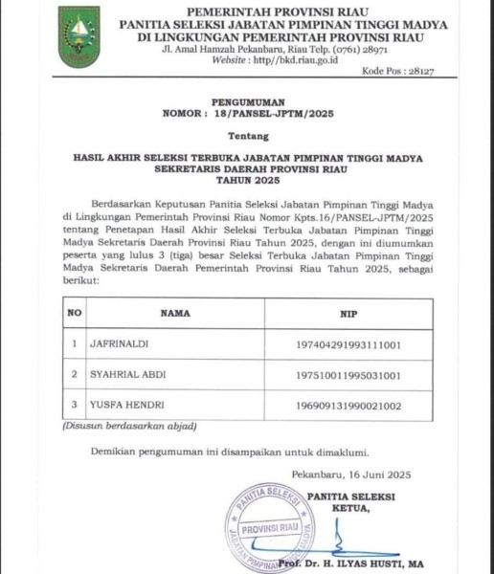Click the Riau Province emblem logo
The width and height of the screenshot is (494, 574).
[x=79, y=37]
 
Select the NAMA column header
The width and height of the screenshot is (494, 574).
[x=175, y=312]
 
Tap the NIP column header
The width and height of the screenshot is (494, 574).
[x=348, y=312]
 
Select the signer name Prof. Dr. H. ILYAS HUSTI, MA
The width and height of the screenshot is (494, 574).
[x=369, y=568]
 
